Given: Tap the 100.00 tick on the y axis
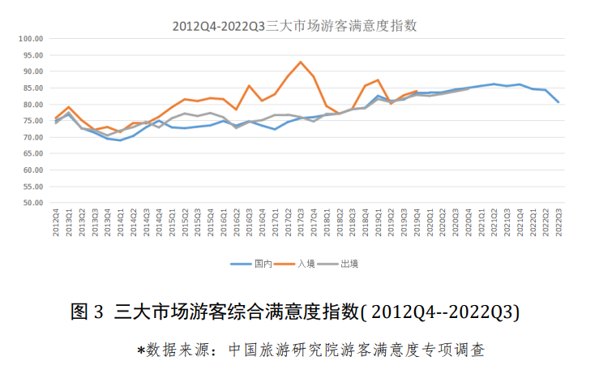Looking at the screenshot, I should pos(30,38).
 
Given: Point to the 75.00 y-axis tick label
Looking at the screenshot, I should pos(32,121).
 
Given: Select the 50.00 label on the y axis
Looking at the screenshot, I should pos(32,204).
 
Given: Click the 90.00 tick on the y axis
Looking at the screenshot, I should pos(32,71).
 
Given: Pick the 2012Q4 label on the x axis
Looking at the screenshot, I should pos(56,223).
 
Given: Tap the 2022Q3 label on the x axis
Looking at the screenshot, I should pos(558,223).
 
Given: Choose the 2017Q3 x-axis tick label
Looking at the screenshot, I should pos(301,223).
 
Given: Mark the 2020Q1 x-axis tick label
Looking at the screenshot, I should pos(430,223).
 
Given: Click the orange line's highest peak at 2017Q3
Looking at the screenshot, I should pos(301,62).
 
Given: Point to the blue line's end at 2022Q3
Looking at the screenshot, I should pos(558,102).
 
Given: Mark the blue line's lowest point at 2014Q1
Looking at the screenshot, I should pos(121,140).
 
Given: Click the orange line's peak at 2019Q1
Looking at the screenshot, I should pos(378,80).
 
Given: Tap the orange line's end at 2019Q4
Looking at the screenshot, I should pos(417,91).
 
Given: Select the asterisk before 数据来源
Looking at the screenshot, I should pos(140,351).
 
